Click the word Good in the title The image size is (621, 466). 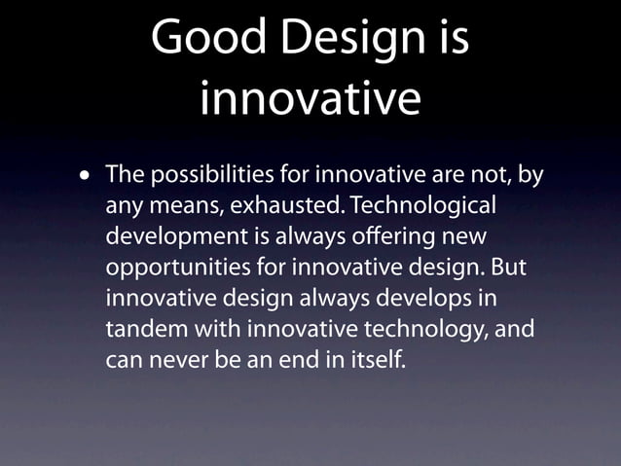point(203,40)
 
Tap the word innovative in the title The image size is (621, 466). point(310,98)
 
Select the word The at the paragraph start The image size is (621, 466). point(124,177)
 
